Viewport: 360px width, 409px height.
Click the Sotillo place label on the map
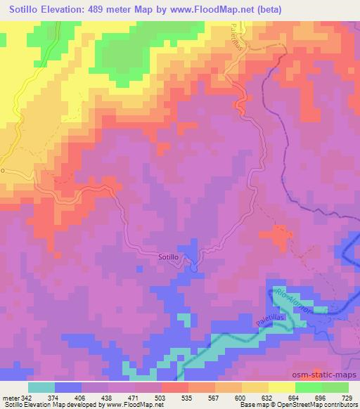[x=173, y=258]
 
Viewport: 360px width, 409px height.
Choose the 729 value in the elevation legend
[x=348, y=398]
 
